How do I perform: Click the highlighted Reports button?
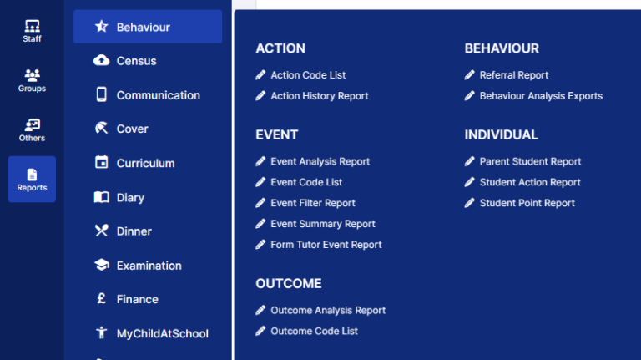pyautogui.click(x=32, y=179)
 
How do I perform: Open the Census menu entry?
pyautogui.click(x=136, y=61)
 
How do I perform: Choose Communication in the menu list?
pyautogui.click(x=158, y=95)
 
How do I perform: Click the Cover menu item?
pyautogui.click(x=132, y=129)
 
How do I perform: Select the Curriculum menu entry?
pyautogui.click(x=145, y=163)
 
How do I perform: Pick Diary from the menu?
pyautogui.click(x=130, y=197)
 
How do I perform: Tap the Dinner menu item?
pyautogui.click(x=134, y=231)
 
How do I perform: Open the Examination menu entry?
pyautogui.click(x=149, y=266)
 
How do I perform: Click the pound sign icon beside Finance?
pyautogui.click(x=101, y=299)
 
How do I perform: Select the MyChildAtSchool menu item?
pyautogui.click(x=162, y=333)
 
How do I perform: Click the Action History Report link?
pyautogui.click(x=319, y=96)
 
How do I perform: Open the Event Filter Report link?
pyautogui.click(x=312, y=203)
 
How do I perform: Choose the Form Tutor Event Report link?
pyautogui.click(x=326, y=245)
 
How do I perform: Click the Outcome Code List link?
pyautogui.click(x=314, y=331)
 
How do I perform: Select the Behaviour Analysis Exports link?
pyautogui.click(x=540, y=96)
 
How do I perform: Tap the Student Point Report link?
pyautogui.click(x=527, y=203)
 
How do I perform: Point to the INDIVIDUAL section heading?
pyautogui.click(x=501, y=134)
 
